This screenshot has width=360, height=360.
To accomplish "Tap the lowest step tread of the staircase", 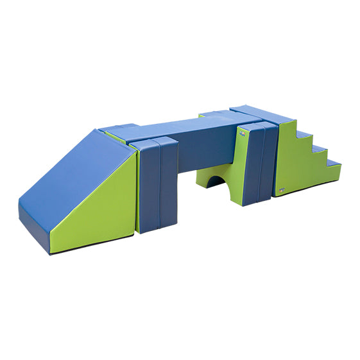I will point(330,164).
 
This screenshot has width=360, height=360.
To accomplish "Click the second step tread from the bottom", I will point(316,149).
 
